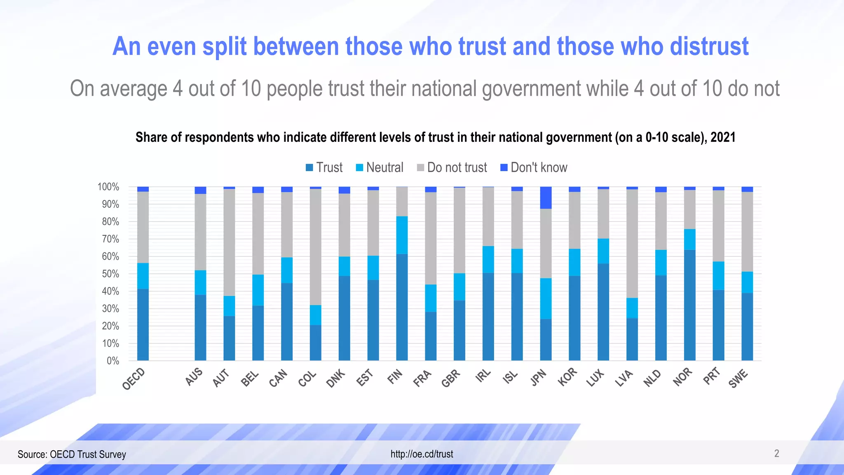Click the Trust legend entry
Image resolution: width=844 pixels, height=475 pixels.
(x=324, y=167)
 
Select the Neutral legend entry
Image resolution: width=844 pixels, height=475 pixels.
(x=380, y=167)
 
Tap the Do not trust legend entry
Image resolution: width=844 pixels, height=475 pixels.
(x=452, y=167)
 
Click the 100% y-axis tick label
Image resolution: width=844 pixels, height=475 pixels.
(x=108, y=187)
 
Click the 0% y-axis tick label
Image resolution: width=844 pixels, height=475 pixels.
(x=113, y=361)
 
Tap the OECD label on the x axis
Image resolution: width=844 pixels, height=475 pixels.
(x=134, y=379)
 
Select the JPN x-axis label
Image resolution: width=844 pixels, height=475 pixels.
(x=538, y=378)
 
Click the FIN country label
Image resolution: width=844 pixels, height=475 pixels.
(x=394, y=377)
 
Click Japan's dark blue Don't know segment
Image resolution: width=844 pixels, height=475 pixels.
(x=546, y=198)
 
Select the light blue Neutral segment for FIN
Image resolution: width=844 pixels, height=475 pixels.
(x=402, y=235)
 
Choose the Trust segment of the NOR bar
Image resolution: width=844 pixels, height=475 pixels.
(x=689, y=305)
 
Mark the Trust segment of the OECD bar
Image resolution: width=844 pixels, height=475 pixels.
(x=143, y=325)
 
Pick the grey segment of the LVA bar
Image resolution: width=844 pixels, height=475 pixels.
(x=632, y=243)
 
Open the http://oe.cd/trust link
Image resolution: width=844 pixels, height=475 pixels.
(x=422, y=454)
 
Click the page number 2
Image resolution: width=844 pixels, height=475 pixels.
(x=776, y=454)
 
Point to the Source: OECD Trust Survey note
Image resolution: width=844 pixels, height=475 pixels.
(x=72, y=454)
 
